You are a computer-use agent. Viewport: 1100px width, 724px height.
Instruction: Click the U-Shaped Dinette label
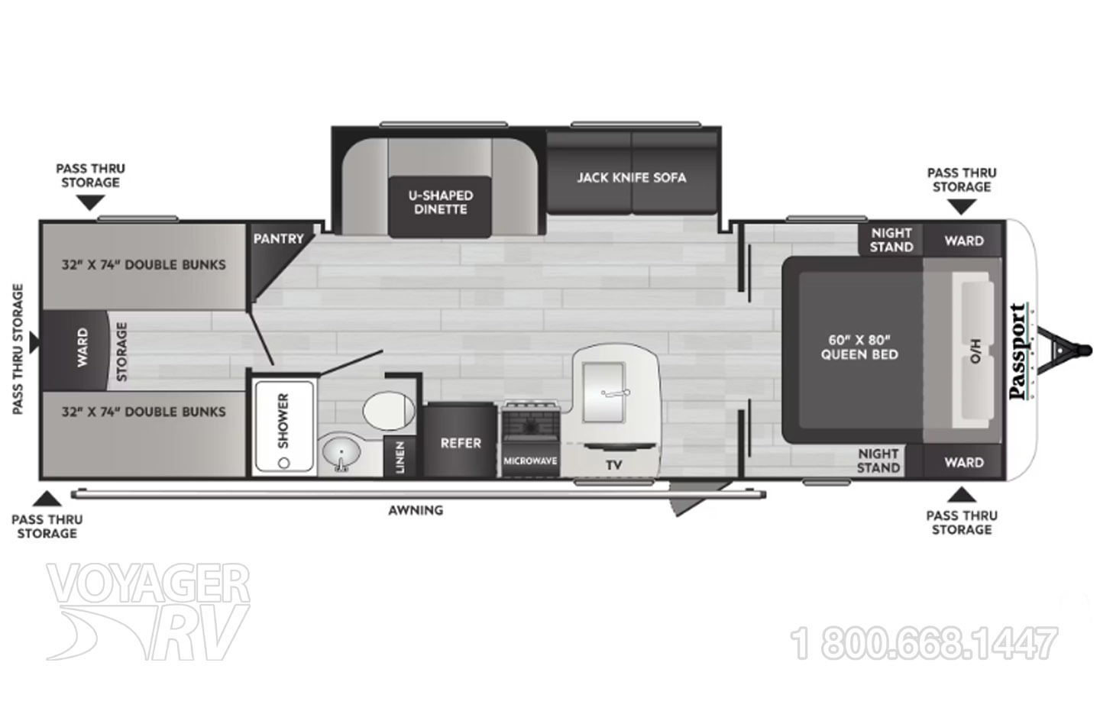click(441, 202)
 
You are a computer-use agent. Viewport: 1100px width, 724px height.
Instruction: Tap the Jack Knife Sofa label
click(631, 177)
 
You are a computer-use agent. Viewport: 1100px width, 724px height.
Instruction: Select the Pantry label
click(278, 238)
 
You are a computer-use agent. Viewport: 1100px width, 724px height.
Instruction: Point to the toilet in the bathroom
click(386, 413)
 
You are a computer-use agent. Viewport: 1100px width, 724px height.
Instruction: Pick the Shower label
click(283, 421)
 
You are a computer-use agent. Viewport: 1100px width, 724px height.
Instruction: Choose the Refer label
click(461, 443)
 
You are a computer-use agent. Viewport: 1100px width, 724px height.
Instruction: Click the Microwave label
click(530, 461)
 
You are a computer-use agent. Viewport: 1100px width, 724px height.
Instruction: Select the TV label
click(613, 464)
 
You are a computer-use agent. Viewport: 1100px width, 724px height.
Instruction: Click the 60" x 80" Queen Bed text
click(859, 346)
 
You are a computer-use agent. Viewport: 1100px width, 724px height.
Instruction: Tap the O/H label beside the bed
click(975, 353)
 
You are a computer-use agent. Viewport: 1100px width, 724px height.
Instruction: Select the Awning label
click(416, 509)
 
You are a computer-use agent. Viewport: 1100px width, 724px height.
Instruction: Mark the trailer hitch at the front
click(1070, 351)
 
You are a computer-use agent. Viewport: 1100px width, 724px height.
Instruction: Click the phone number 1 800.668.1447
click(926, 643)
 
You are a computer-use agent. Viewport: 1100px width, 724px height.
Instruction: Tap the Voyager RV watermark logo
click(149, 611)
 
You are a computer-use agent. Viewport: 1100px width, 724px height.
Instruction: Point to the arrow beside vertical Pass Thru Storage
click(34, 345)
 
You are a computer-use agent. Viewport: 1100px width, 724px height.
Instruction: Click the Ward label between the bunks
click(82, 348)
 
